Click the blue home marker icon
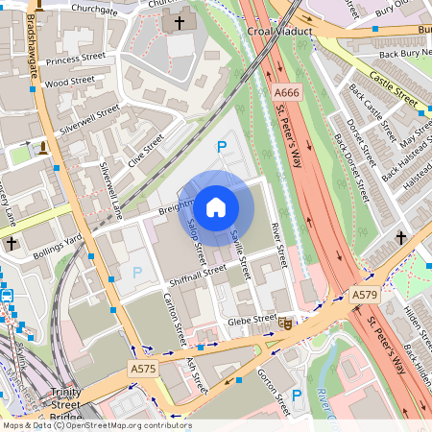[215, 206]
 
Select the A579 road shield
[364, 295]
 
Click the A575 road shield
[142, 369]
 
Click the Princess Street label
[75, 59]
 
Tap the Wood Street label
[68, 84]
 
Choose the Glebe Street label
[252, 319]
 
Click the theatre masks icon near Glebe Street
[287, 324]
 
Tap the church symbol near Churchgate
[178, 22]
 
